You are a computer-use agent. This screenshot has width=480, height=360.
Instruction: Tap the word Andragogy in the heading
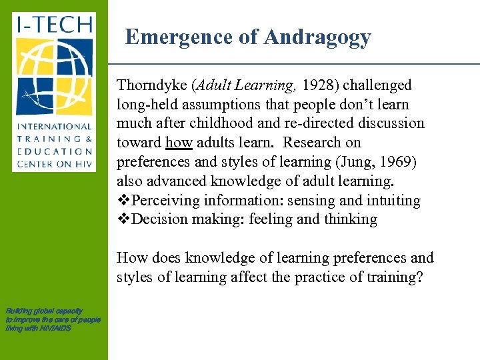(x=317, y=37)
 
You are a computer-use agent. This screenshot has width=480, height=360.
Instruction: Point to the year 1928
(x=320, y=85)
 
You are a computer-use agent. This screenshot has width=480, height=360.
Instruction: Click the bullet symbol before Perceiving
(x=123, y=201)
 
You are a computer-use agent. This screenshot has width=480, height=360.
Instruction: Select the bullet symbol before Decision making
(x=123, y=220)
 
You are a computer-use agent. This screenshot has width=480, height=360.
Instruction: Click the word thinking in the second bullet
(x=351, y=220)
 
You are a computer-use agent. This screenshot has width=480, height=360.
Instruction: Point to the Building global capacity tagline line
(x=44, y=311)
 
